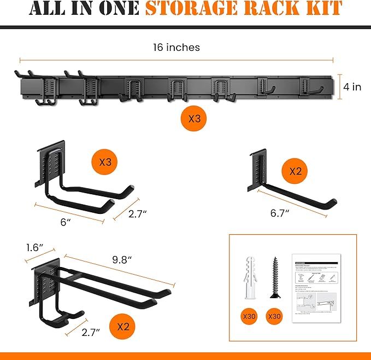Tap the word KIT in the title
[322, 9]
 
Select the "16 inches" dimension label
[176, 48]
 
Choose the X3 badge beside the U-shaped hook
[105, 162]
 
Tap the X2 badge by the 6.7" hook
[296, 171]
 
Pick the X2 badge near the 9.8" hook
[122, 327]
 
